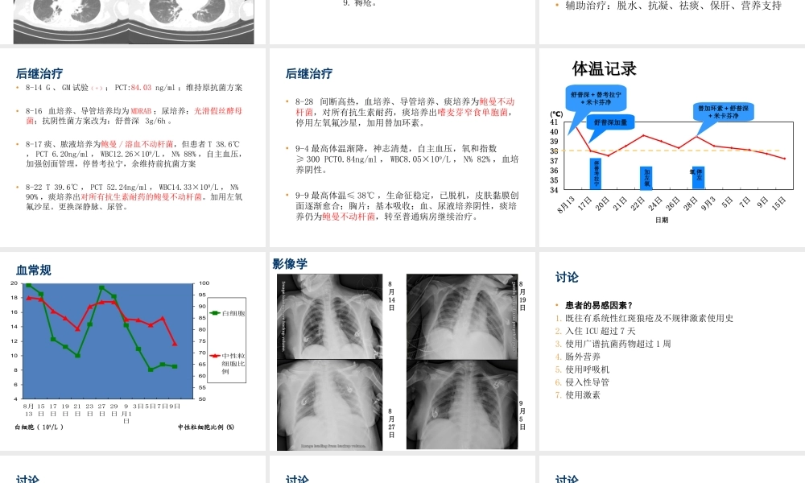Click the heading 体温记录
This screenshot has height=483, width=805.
pos(604,69)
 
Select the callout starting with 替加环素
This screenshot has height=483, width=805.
pos(723,111)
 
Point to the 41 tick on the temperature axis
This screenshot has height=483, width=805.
pos(555,122)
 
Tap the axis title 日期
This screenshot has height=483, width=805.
pos(661,220)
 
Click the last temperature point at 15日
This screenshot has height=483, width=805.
pos(785,159)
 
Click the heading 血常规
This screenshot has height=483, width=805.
pos(33,270)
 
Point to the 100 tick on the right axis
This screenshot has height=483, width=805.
pos(204,283)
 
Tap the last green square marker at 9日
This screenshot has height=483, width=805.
pos(175,366)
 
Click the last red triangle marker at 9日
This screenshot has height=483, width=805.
pos(175,344)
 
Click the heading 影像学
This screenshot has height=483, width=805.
pos(290,264)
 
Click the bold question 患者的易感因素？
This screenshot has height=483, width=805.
pos(598,305)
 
